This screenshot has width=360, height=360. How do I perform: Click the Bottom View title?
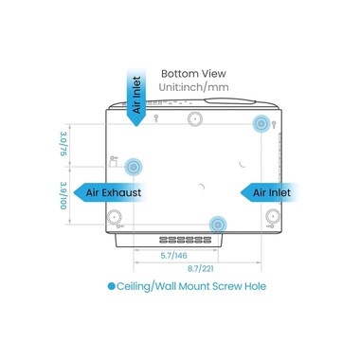click(x=193, y=74)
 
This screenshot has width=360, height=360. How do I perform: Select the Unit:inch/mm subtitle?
click(x=193, y=87)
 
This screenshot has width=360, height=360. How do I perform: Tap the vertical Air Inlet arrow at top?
click(x=136, y=97)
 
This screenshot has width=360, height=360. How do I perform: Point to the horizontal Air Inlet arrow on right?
click(x=268, y=192)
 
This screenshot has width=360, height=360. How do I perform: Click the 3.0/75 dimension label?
click(x=63, y=144)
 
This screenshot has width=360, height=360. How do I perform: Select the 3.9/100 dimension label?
click(x=63, y=195)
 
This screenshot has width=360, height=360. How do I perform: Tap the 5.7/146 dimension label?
click(x=173, y=256)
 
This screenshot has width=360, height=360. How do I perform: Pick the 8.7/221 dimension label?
click(x=201, y=269)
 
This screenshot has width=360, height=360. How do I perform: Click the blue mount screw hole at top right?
click(x=261, y=123)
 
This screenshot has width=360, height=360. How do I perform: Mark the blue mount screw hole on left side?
click(x=134, y=167)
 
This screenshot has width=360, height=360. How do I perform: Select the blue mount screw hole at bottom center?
click(x=218, y=225)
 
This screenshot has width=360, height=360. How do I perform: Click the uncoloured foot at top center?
click(x=195, y=119)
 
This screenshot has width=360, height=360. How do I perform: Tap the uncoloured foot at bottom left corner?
click(x=115, y=217)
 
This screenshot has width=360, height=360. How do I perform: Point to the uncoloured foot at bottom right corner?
click(x=273, y=216)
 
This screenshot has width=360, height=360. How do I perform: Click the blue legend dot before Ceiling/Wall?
click(x=111, y=286)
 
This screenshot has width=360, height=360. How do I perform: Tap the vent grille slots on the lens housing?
click(x=186, y=240)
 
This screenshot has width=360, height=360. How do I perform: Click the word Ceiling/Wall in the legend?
click(x=146, y=287)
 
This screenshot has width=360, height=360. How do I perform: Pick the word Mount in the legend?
click(x=194, y=286)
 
